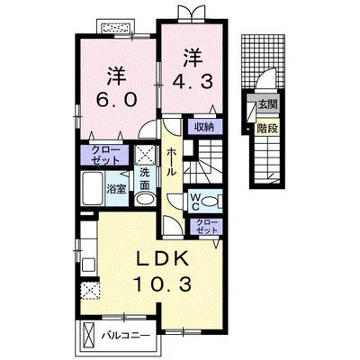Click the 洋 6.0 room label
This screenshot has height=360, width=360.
117,87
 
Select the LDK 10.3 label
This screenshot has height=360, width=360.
163,271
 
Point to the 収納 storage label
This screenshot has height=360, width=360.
204,127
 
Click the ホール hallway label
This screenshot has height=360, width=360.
171,162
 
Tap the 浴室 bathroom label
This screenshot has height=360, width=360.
117,189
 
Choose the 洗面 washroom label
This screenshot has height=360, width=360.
145,179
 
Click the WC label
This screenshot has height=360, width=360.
195,202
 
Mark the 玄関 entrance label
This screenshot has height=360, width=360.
268,105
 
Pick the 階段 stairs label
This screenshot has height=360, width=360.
267,129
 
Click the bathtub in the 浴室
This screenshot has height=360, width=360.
92,189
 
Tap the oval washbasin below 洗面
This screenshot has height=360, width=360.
145,199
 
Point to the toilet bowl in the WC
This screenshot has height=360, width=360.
211,202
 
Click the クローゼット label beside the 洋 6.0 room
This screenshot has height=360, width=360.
105,155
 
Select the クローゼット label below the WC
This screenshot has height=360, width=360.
207,227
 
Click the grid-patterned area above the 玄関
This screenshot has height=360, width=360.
263,61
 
